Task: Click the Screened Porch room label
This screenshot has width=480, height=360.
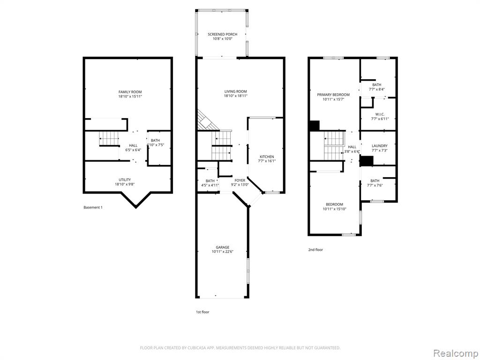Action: click(x=222, y=34)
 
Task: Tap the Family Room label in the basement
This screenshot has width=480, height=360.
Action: click(x=130, y=92)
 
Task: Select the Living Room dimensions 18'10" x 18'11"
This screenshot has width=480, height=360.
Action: click(x=235, y=96)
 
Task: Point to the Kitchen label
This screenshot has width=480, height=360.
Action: click(x=267, y=157)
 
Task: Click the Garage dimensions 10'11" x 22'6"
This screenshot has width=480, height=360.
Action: click(x=222, y=252)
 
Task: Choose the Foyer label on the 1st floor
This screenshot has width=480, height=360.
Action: click(x=240, y=180)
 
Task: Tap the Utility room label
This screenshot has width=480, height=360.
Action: click(x=125, y=180)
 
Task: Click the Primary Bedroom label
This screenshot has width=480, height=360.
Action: click(x=333, y=95)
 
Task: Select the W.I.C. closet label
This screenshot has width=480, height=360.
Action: click(x=380, y=114)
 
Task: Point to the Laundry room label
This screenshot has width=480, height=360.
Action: click(x=380, y=146)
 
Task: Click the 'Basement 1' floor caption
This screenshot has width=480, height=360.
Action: click(x=93, y=207)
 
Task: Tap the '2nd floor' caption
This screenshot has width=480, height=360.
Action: click(x=315, y=250)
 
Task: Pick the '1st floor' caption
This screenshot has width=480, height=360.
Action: click(x=202, y=312)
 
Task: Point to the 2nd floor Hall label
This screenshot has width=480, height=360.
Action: click(x=352, y=147)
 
